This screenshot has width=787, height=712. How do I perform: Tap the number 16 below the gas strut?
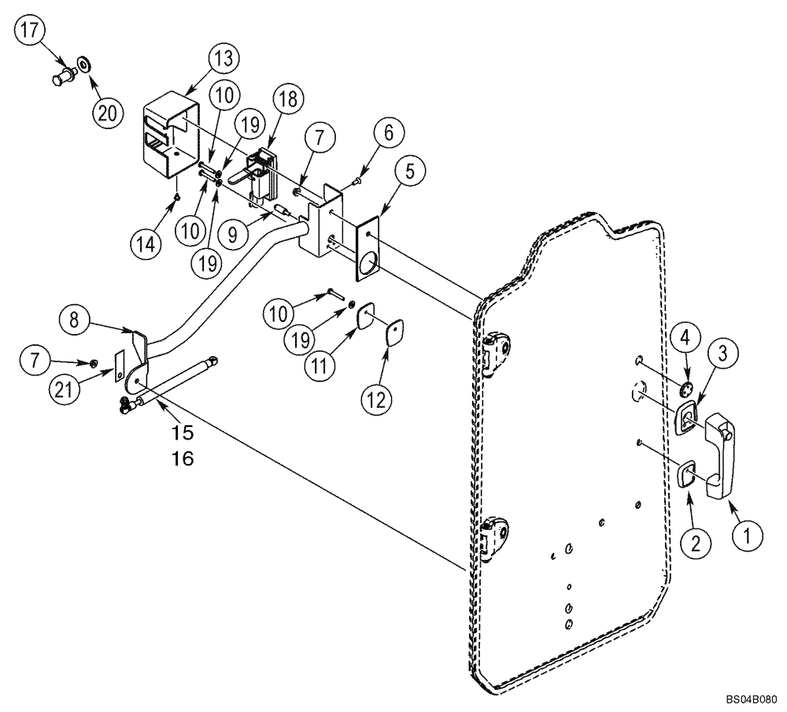183,458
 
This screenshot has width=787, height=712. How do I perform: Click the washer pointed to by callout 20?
83,63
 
